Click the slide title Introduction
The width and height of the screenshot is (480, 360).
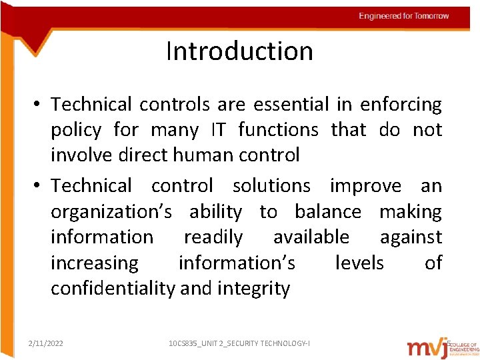click(x=239, y=51)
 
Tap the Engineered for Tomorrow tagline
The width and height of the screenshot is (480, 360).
click(x=403, y=16)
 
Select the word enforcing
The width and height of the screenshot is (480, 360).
click(x=401, y=105)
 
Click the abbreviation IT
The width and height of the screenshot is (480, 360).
click(x=218, y=130)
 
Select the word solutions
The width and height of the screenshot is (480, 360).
click(x=271, y=186)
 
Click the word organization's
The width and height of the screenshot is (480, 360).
click(x=111, y=212)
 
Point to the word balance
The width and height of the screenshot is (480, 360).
click(x=328, y=212)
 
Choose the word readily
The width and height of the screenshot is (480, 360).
click(x=213, y=237)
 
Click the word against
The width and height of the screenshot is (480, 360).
click(x=411, y=237)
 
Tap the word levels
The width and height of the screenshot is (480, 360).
click(x=359, y=263)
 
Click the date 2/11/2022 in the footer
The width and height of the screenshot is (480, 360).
click(x=46, y=343)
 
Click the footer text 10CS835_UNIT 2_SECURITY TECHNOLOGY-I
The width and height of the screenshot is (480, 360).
click(x=239, y=343)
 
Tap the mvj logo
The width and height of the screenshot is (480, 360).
click(x=427, y=346)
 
